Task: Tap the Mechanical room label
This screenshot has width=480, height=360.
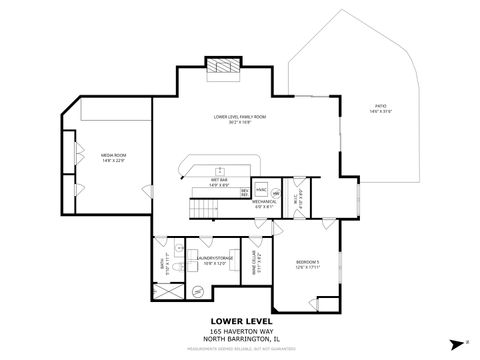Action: [x=264, y=204]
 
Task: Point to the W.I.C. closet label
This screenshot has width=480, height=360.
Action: [x=298, y=198]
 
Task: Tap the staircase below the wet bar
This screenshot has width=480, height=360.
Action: [x=204, y=208]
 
